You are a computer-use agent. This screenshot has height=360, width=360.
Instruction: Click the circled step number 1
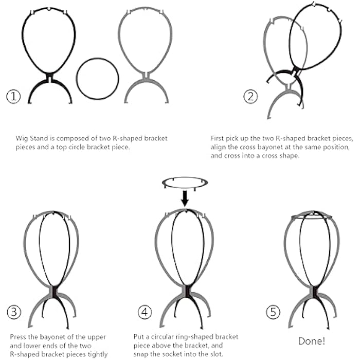pos(14,96)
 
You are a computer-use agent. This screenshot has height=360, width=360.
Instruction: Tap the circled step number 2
pos(251,96)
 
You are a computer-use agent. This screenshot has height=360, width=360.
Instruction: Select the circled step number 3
pos(14,312)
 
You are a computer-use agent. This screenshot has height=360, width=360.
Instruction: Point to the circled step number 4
pos(145,312)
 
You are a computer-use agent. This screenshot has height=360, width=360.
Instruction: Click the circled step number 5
pos(274,312)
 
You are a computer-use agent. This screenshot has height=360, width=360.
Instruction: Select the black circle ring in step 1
pos(97,79)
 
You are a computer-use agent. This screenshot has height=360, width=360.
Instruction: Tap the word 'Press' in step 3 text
pos(19,337)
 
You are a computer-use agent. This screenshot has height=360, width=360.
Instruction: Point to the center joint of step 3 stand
pos(53,292)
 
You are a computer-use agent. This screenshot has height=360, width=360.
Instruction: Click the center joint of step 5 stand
pos(313,292)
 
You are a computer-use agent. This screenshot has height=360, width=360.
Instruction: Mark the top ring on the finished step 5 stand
pos(313,217)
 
